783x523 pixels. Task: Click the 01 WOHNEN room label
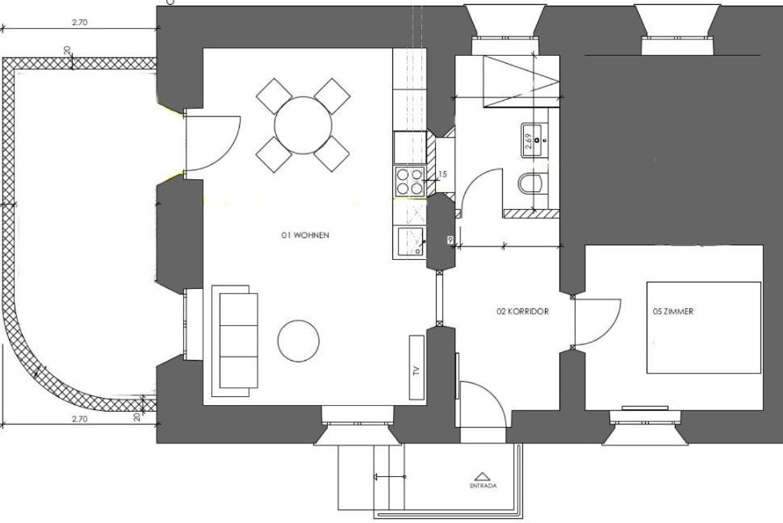point(305,235)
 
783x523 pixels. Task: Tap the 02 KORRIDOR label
point(522,312)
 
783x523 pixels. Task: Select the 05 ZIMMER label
point(672,312)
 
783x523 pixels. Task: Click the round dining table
point(304,125)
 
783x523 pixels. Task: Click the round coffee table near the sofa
point(298,341)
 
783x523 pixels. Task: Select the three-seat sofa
point(235,341)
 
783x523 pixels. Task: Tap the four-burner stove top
point(409,181)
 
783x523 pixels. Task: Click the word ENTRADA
point(483,486)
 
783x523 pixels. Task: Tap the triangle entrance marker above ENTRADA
point(480,476)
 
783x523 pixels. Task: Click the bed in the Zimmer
point(704,327)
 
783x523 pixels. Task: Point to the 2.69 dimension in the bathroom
point(529,142)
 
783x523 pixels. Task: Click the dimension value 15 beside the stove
point(442,174)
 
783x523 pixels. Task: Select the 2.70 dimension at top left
point(79,23)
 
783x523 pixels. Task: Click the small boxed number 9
point(451,241)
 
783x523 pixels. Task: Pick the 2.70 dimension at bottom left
point(79,419)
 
